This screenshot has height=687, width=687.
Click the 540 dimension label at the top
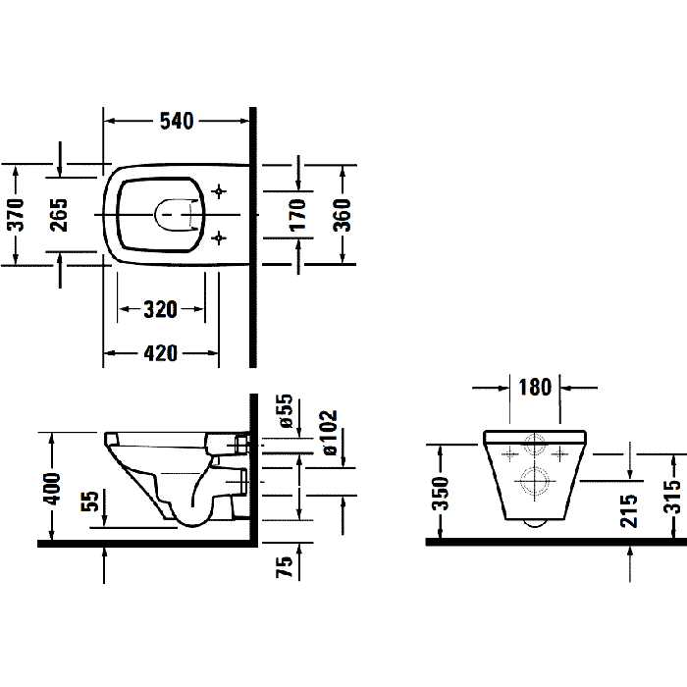tap(177, 121)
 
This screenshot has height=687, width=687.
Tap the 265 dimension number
tap(59, 212)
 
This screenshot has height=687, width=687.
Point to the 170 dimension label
tap(298, 213)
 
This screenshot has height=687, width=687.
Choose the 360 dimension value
tap(343, 213)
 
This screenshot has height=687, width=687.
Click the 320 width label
tap(160, 310)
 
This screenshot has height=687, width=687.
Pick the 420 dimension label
tap(160, 353)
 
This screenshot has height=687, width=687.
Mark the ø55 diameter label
tap(287, 412)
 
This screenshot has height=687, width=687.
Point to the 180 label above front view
tap(535, 386)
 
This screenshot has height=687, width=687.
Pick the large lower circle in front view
tap(535, 482)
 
